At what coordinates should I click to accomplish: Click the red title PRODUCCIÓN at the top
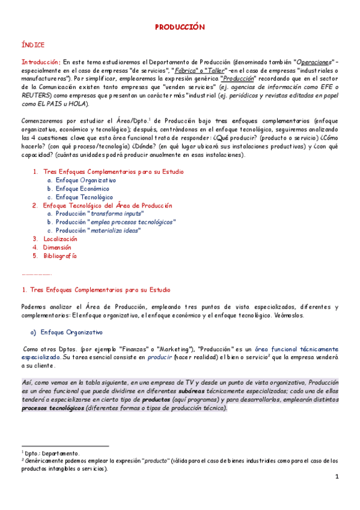(180, 27)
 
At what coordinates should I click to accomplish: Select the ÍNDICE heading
(32, 45)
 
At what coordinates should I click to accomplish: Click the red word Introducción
(40, 62)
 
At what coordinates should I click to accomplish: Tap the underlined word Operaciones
(316, 62)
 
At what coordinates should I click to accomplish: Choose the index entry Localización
(61, 239)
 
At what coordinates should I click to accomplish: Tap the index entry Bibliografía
(60, 256)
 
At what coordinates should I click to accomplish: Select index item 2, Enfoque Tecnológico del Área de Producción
(108, 205)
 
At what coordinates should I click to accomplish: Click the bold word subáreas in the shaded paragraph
(188, 391)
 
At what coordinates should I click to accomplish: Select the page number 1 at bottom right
(337, 477)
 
